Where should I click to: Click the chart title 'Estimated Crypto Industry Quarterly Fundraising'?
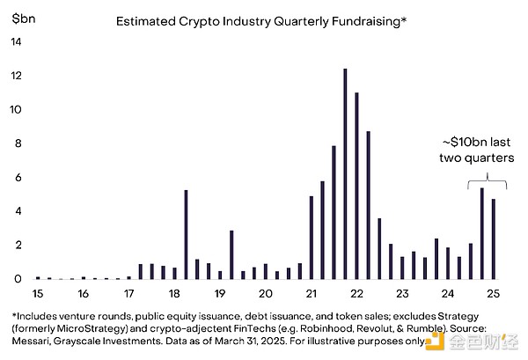tap(261, 20)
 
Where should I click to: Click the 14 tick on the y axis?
tap(18, 42)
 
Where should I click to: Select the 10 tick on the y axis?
tap(18, 110)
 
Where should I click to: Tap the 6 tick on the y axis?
tap(18, 178)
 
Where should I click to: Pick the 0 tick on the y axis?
tap(18, 279)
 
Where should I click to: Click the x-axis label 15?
tap(38, 293)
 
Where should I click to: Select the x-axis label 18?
tap(174, 293)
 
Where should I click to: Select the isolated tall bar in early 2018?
tap(186, 234)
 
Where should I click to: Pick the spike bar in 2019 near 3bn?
tap(231, 254)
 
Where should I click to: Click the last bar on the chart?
tap(493, 239)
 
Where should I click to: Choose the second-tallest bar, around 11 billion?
tap(356, 186)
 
